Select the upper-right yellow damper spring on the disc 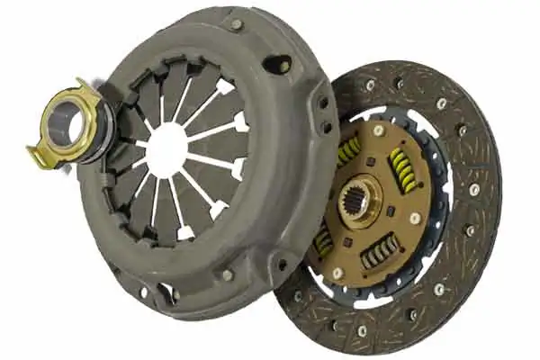401,169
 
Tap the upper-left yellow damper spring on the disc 347,151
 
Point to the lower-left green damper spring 323,241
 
